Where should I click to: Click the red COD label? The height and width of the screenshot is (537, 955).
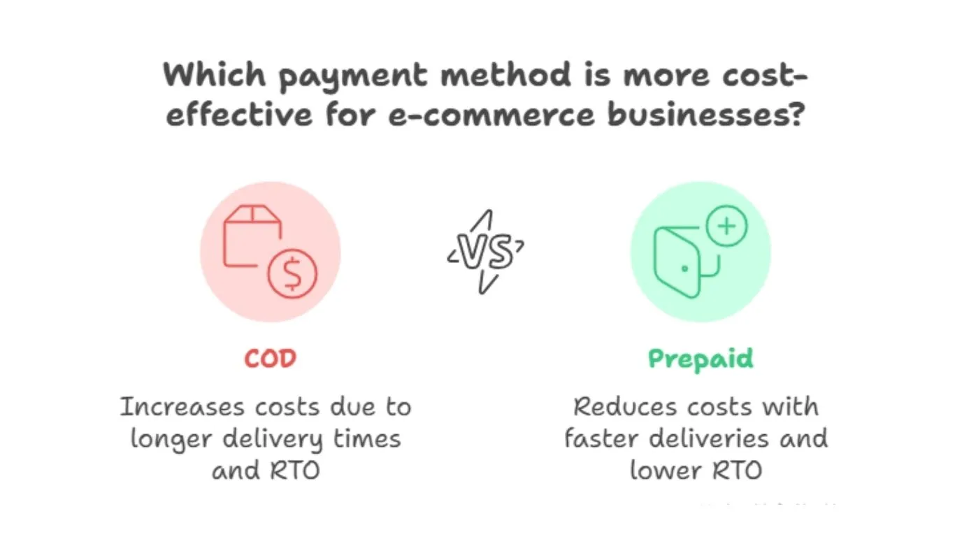270,359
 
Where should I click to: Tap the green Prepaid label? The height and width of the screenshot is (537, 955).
701,359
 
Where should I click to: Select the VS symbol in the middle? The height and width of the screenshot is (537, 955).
486,251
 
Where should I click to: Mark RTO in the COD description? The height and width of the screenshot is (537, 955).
294,470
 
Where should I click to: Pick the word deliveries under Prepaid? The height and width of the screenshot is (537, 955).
710,438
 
